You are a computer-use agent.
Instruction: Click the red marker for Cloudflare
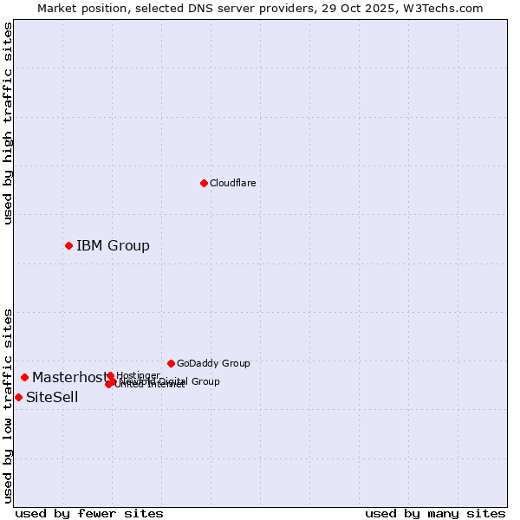tap(204, 183)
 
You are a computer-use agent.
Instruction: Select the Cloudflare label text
tap(232, 183)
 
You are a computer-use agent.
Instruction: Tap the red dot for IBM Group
tap(68, 245)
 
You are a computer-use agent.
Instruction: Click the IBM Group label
tap(113, 245)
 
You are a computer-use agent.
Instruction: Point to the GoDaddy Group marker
tap(171, 363)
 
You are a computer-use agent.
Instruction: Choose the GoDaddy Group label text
tap(213, 363)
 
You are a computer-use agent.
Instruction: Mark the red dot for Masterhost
tap(24, 377)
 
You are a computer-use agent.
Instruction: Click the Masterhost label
tap(69, 377)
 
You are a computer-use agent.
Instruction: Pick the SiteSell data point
tap(18, 397)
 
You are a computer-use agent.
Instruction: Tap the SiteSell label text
tap(52, 397)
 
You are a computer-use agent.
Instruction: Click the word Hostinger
tap(138, 375)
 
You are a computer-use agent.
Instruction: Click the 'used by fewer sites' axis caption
tap(89, 513)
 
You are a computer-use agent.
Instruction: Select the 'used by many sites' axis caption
tap(435, 513)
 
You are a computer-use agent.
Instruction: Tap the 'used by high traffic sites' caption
tap(8, 124)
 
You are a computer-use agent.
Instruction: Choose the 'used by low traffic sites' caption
tap(8, 406)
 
